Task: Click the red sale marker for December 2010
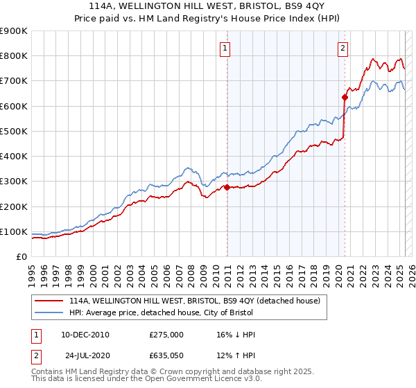pyautogui.click(x=227, y=187)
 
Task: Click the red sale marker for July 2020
pyautogui.click(x=345, y=97)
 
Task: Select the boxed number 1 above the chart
pyautogui.click(x=227, y=48)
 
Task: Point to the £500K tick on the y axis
pyautogui.click(x=15, y=131)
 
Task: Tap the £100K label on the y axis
pyautogui.click(x=15, y=231)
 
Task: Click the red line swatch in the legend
pyautogui.click(x=50, y=301)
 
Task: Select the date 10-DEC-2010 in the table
pyautogui.click(x=85, y=335)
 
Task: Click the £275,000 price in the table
pyautogui.click(x=166, y=335)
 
